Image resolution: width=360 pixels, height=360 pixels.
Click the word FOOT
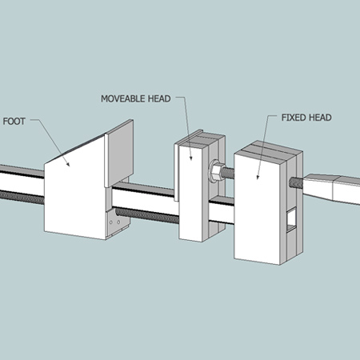(15, 122)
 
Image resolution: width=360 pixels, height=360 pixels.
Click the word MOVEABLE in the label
(127, 99)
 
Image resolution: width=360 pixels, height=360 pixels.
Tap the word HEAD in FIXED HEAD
(318, 117)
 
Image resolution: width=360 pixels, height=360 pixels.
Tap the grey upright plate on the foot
(120, 156)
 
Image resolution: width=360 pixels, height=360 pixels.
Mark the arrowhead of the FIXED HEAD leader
(258, 175)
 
